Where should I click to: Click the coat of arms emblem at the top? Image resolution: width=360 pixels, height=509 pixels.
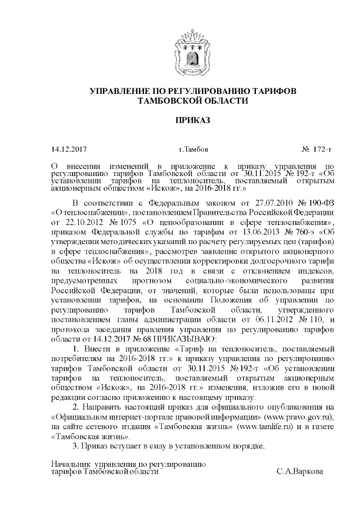point(181,53)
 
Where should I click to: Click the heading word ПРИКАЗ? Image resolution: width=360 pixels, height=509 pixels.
point(180,121)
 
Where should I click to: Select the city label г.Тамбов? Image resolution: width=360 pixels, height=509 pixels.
point(193,150)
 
